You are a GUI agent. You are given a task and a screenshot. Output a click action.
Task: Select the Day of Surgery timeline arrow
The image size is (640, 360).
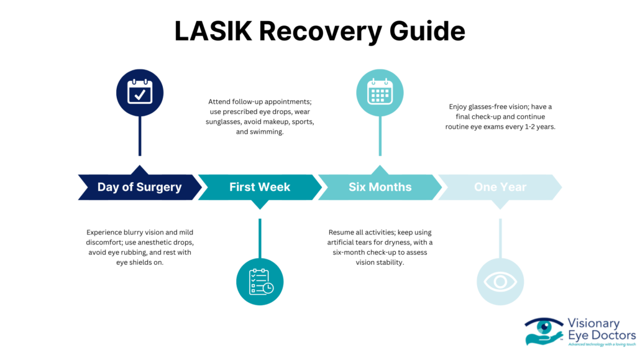click(139, 187)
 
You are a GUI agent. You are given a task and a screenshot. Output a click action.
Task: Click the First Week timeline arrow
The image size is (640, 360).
click(259, 187)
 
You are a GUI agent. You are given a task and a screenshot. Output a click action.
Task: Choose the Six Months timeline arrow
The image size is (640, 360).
click(380, 187)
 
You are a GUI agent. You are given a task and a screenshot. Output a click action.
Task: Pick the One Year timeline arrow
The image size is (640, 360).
click(500, 187)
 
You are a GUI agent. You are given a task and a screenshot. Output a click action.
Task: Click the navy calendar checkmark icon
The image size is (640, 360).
click(140, 93)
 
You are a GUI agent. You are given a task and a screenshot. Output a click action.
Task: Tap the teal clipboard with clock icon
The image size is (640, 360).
click(260, 282)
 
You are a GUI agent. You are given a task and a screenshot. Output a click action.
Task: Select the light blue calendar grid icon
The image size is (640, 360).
click(380, 93)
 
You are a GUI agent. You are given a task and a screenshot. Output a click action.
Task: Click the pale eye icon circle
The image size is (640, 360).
click(500, 282)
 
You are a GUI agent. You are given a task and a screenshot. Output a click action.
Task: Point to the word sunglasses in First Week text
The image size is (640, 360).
click(227, 122)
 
